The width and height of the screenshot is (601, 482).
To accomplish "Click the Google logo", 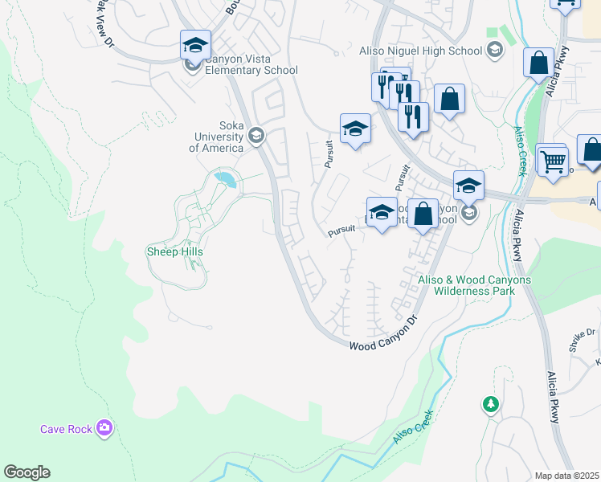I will click(x=27, y=472).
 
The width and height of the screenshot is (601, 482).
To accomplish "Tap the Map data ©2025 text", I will click(x=566, y=476).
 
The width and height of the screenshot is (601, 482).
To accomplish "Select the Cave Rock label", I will click(x=67, y=429).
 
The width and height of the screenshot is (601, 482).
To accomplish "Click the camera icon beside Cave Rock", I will click(x=104, y=428).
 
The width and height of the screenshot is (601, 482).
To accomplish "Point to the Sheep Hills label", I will click(x=174, y=251).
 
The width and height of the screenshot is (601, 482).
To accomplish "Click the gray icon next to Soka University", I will click(x=256, y=135).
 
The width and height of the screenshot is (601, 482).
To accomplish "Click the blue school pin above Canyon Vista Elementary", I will click(x=195, y=46).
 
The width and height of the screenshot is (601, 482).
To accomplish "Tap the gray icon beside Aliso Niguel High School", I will click(x=495, y=51).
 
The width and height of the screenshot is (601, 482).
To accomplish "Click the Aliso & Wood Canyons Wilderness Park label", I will click(x=475, y=285).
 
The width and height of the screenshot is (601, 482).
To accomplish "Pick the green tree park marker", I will click(x=490, y=404).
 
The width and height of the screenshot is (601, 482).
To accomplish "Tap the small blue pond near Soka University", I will click(x=226, y=178).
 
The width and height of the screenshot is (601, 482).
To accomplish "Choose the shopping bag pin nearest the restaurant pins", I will click(x=449, y=100).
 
